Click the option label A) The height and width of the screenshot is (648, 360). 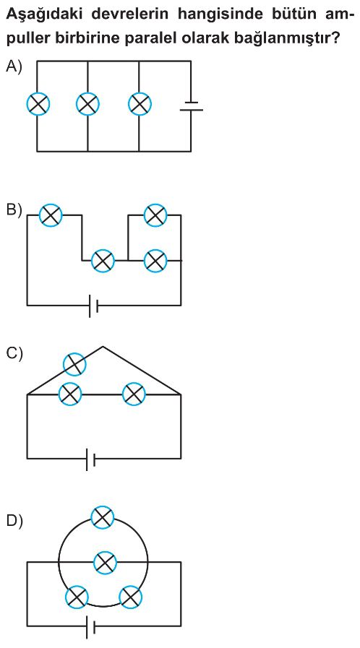[14, 66]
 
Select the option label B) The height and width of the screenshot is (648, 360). [14, 210]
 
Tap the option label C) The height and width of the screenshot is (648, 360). [14, 354]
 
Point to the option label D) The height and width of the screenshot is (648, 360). [14, 522]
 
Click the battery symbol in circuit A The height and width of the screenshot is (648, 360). [191, 106]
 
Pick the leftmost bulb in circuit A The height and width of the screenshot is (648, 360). [38, 103]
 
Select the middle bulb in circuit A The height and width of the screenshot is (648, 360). [88, 103]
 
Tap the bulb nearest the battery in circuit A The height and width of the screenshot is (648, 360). [140, 103]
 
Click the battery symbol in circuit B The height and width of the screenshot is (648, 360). [93, 306]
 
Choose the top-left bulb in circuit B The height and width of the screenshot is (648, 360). [51, 215]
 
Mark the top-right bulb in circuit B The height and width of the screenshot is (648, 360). [155, 215]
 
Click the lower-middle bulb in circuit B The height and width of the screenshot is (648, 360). [103, 261]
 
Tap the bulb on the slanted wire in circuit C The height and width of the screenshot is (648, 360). [74, 364]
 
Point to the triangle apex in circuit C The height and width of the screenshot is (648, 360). [103, 346]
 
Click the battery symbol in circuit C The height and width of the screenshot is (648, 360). [90, 459]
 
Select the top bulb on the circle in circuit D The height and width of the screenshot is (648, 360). [103, 517]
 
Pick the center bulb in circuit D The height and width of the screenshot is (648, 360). [106, 563]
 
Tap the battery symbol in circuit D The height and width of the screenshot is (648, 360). [90, 626]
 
